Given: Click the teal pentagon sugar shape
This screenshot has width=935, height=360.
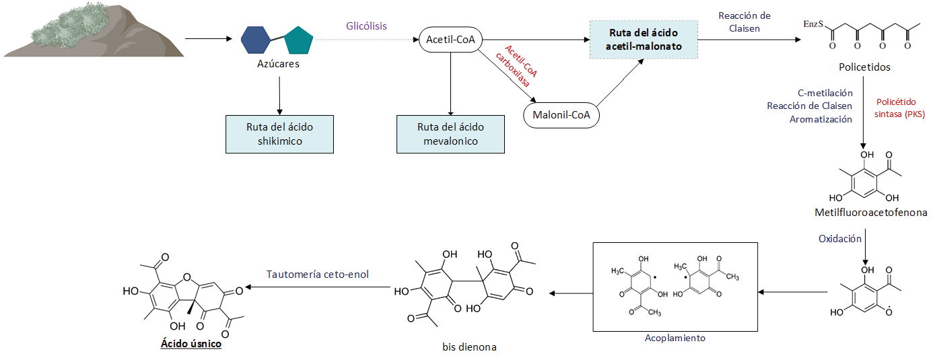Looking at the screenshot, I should [298, 40].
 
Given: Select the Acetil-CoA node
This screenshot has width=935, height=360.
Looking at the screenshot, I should [450, 40].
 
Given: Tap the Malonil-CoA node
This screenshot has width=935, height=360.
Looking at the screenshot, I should [561, 114].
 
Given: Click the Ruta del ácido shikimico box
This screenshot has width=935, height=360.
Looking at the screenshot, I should [279, 134].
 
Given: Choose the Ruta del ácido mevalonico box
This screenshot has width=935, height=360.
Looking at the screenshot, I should [450, 134].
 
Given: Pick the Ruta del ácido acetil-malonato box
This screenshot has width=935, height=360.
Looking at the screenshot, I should [644, 40].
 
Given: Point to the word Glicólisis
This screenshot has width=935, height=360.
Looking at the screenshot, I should [366, 26].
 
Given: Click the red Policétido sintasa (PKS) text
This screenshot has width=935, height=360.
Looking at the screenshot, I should [900, 108].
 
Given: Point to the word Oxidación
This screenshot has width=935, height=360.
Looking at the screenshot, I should [839, 239].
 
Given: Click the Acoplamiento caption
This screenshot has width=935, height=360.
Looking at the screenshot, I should [675, 338].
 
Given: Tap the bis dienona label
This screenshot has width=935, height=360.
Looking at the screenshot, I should [469, 347].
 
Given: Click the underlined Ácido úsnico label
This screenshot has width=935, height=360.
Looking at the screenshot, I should [191, 343].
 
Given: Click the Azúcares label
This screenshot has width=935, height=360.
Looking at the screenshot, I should [278, 64].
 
